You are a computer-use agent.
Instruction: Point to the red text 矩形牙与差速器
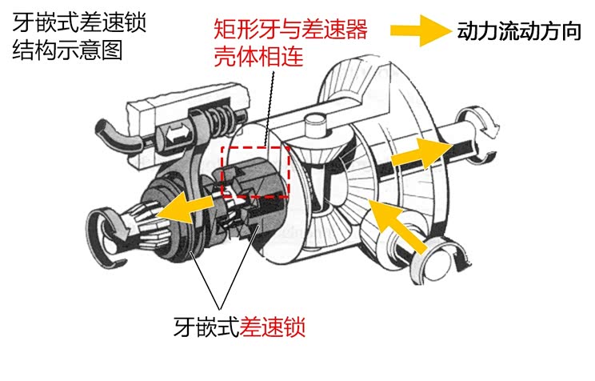[x=290, y=30]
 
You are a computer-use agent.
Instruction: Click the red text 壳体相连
[x=258, y=58]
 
